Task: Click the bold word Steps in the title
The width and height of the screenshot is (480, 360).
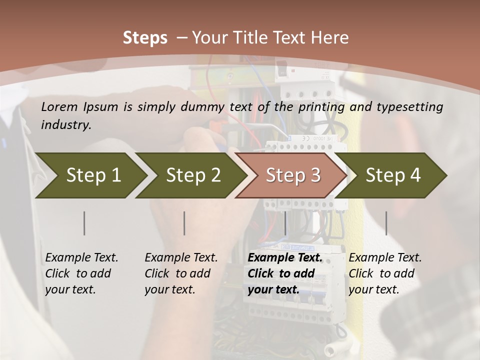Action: point(145,37)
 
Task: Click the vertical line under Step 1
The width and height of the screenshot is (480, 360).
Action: point(84,223)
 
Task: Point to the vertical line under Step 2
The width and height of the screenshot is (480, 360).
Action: point(184,223)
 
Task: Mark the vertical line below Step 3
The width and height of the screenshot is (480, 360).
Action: point(285,223)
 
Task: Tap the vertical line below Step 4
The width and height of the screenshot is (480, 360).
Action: point(386,223)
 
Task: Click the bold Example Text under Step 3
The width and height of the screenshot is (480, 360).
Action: point(285,273)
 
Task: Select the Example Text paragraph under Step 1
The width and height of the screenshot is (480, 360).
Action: point(81,273)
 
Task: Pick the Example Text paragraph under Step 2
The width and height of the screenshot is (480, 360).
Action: point(181,273)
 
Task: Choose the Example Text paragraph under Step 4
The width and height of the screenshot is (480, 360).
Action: point(385,273)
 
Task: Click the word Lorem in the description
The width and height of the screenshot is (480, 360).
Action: point(59,106)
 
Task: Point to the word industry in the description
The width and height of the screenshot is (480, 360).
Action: point(66,125)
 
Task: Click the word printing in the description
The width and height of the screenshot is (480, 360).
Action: point(322,107)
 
